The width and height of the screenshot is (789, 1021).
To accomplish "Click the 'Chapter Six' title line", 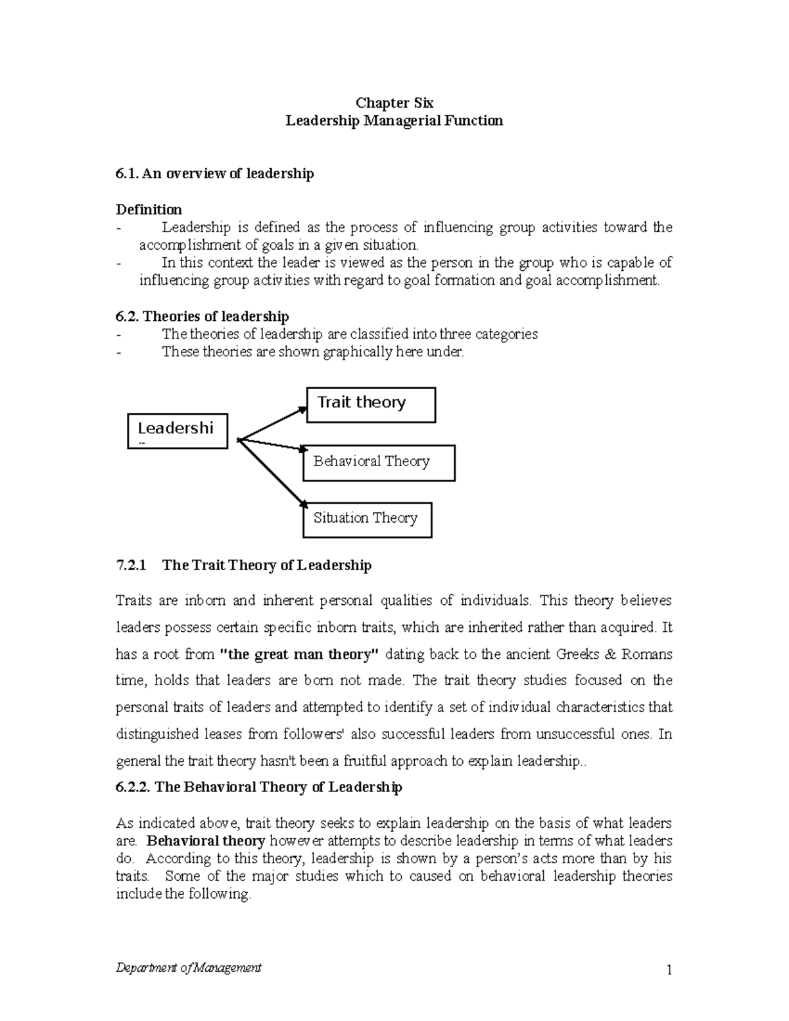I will pos(394,103).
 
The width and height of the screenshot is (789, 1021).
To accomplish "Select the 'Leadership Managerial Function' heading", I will pos(394,120).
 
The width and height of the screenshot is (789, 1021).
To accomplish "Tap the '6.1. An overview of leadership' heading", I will pos(214,174).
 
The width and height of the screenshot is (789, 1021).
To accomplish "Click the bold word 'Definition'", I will pos(149,210).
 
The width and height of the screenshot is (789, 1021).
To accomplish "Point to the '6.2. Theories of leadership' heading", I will pos(202,316).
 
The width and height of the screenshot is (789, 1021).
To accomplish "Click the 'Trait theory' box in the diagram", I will pos(371,404).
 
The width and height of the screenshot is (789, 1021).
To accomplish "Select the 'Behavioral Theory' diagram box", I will pos(379,462).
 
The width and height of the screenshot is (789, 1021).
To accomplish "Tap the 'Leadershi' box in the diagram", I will pos(178,431).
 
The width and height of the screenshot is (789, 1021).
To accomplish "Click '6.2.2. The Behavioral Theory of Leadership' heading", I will pos(258,787).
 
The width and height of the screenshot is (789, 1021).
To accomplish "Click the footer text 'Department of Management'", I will pos(188,967).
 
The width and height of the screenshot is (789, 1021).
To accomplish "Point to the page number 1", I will pos(669,970).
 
